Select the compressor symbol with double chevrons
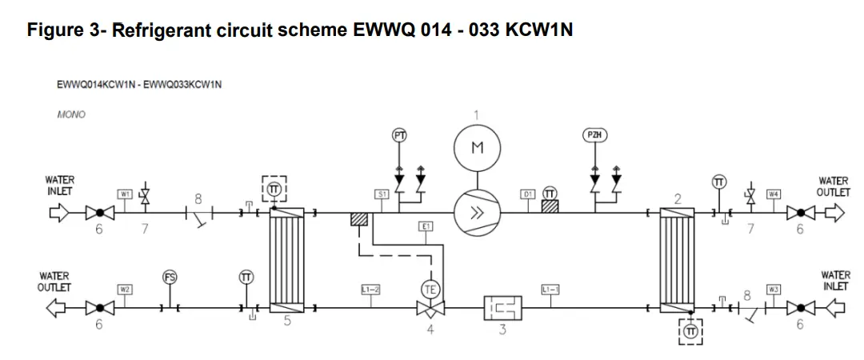(x=477, y=213)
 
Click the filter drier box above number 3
(x=502, y=307)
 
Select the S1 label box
(x=382, y=194)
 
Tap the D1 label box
(x=528, y=194)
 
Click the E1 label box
(x=426, y=226)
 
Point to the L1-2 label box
(x=370, y=289)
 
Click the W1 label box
(x=125, y=194)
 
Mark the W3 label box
(x=773, y=289)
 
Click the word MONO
(x=71, y=114)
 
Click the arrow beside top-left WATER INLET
(x=60, y=213)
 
